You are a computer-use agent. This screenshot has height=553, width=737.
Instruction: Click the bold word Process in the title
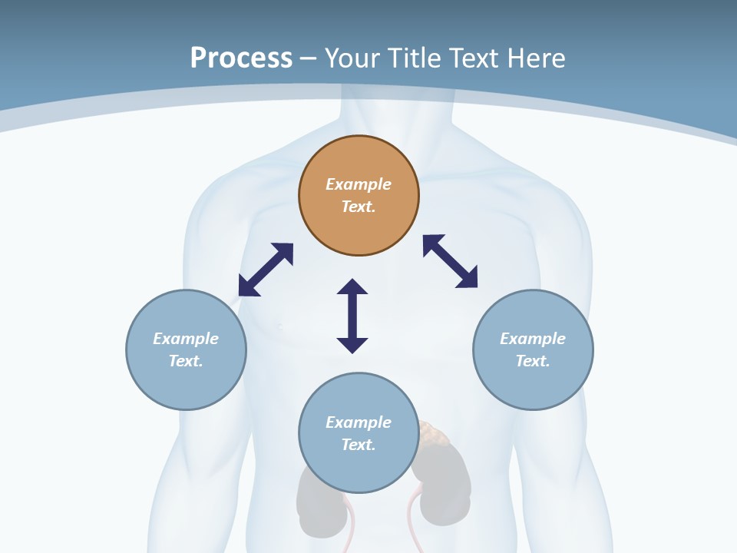[241, 58]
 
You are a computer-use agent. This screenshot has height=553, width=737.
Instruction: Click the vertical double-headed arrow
[352, 316]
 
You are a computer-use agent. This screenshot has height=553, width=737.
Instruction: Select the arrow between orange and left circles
[266, 270]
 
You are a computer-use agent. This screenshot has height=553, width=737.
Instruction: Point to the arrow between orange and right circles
[450, 261]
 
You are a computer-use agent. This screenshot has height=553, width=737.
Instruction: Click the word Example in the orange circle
[359, 184]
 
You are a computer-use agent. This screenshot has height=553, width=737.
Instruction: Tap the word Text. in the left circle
[186, 361]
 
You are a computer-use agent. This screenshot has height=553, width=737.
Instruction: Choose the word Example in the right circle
[533, 339]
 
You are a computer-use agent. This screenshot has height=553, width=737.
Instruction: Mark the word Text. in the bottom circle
[359, 445]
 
